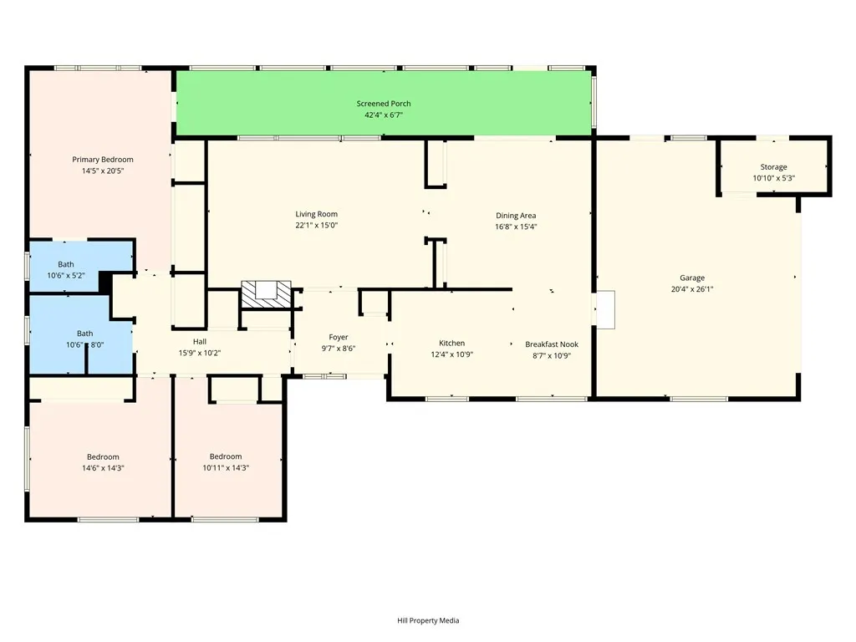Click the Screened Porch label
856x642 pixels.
point(384,104)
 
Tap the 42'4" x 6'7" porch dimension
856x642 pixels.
point(384,115)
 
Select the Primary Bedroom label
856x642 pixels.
point(103,160)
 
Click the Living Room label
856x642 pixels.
point(316,214)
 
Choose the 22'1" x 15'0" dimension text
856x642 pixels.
point(316,226)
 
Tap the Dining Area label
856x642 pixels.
point(516,216)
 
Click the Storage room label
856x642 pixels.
point(773,167)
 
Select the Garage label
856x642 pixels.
point(691,278)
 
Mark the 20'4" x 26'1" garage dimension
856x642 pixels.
point(691,289)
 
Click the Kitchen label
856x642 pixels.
point(452,344)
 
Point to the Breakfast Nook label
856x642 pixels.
point(552,344)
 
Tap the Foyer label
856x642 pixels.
point(339,337)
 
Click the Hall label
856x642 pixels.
point(200,341)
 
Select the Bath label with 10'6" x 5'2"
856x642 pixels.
point(65,265)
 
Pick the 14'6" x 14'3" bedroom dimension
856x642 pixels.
point(103,468)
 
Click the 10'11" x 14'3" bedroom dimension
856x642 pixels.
point(226,468)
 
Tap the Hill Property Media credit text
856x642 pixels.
point(428,620)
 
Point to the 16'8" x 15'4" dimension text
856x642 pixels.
point(516,227)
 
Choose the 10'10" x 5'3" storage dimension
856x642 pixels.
point(773,178)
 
